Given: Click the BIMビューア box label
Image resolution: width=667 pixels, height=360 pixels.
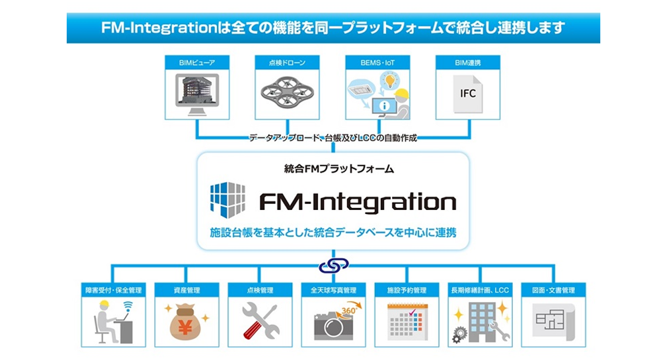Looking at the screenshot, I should pos(196,63).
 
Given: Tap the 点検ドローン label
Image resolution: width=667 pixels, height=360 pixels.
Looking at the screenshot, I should pos(287,63).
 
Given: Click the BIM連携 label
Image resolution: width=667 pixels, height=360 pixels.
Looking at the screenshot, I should pos(468,63).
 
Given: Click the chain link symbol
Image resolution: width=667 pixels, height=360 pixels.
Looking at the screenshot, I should pos(333,265).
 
